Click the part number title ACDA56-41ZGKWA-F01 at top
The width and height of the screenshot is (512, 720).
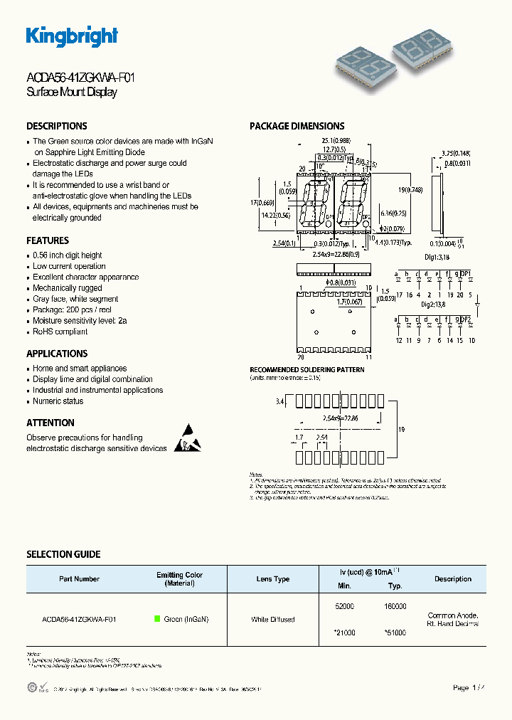coord(80,79)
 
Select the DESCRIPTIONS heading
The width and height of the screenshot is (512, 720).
coord(57,126)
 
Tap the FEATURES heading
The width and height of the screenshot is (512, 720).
coord(48,240)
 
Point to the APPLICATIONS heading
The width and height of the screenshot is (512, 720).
coord(57,354)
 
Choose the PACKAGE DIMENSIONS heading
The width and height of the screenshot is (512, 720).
coord(297,126)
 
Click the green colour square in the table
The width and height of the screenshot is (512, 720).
coord(158,619)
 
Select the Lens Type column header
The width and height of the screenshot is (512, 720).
coord(273,579)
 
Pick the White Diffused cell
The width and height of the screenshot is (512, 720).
coord(273,620)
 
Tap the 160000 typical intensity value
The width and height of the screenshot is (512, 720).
coord(395,606)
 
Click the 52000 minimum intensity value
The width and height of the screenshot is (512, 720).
coord(344,606)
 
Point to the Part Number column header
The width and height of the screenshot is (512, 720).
coord(80,579)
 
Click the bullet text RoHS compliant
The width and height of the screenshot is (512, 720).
coord(60,332)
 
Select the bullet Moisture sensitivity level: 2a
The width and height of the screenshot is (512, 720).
coord(80,321)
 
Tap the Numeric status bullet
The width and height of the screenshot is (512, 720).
coord(58,401)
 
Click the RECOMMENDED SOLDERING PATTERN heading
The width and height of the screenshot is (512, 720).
coord(306,370)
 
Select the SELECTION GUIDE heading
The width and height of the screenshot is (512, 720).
coord(63,554)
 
